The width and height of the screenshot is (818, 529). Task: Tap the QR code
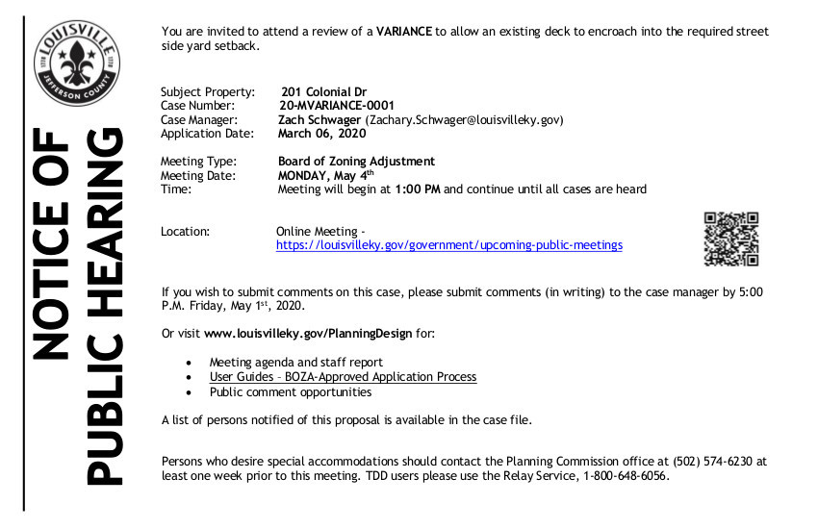click(731, 239)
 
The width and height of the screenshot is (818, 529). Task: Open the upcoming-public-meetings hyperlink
click(448, 245)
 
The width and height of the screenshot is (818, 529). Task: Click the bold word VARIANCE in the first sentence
click(404, 31)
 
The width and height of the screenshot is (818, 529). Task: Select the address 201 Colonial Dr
click(324, 92)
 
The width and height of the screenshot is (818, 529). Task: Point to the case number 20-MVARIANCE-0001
click(336, 106)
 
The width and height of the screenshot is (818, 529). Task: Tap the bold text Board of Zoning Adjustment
click(356, 162)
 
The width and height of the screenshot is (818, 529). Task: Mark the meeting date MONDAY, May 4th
click(321, 175)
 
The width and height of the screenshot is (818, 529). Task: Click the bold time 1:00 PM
click(418, 189)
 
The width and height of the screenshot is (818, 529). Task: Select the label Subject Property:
click(208, 92)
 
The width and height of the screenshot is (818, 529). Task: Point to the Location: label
click(185, 232)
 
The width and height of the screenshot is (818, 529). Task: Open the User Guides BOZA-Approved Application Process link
click(343, 377)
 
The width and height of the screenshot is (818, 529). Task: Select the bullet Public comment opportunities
click(291, 391)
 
